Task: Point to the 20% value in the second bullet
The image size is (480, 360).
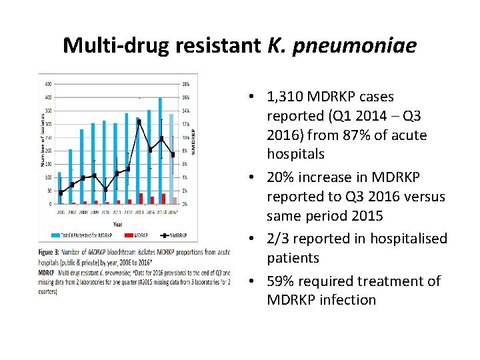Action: click(x=283, y=177)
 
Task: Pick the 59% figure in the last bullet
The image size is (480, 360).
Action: click(x=283, y=281)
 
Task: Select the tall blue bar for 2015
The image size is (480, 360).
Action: click(x=160, y=151)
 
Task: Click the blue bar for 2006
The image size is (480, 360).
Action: click(x=59, y=188)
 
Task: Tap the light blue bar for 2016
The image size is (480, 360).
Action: click(x=171, y=159)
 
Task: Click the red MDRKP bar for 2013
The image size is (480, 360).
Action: click(x=141, y=199)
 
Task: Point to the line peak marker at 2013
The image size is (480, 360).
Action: click(x=139, y=121)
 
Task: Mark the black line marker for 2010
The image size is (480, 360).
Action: click(x=105, y=189)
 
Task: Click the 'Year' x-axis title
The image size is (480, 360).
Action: click(x=117, y=223)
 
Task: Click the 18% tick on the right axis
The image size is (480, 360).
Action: click(x=186, y=85)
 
